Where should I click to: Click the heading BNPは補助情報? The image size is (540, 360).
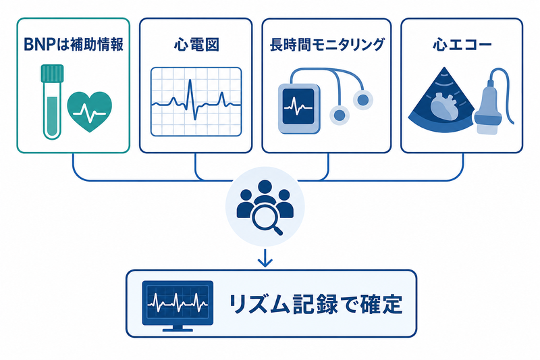[74, 45]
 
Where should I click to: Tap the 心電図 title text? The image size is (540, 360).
[196, 45]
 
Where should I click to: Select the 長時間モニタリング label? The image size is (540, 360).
[327, 45]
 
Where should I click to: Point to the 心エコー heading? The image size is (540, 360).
[462, 45]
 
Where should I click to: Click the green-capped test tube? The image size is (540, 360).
[53, 102]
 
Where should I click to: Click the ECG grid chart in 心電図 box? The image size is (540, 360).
[196, 101]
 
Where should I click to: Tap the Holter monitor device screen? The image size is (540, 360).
[298, 107]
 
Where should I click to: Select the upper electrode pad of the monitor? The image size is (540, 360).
[362, 100]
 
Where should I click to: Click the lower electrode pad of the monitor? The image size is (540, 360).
[340, 115]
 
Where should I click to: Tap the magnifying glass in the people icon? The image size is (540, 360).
[267, 220]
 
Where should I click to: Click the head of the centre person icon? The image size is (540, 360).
[265, 187]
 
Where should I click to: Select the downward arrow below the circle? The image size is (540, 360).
[265, 259]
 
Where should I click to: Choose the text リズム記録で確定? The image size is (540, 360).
[315, 304]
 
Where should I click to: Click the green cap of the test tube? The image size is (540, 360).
[53, 73]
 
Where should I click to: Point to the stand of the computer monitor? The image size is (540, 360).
[178, 328]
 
